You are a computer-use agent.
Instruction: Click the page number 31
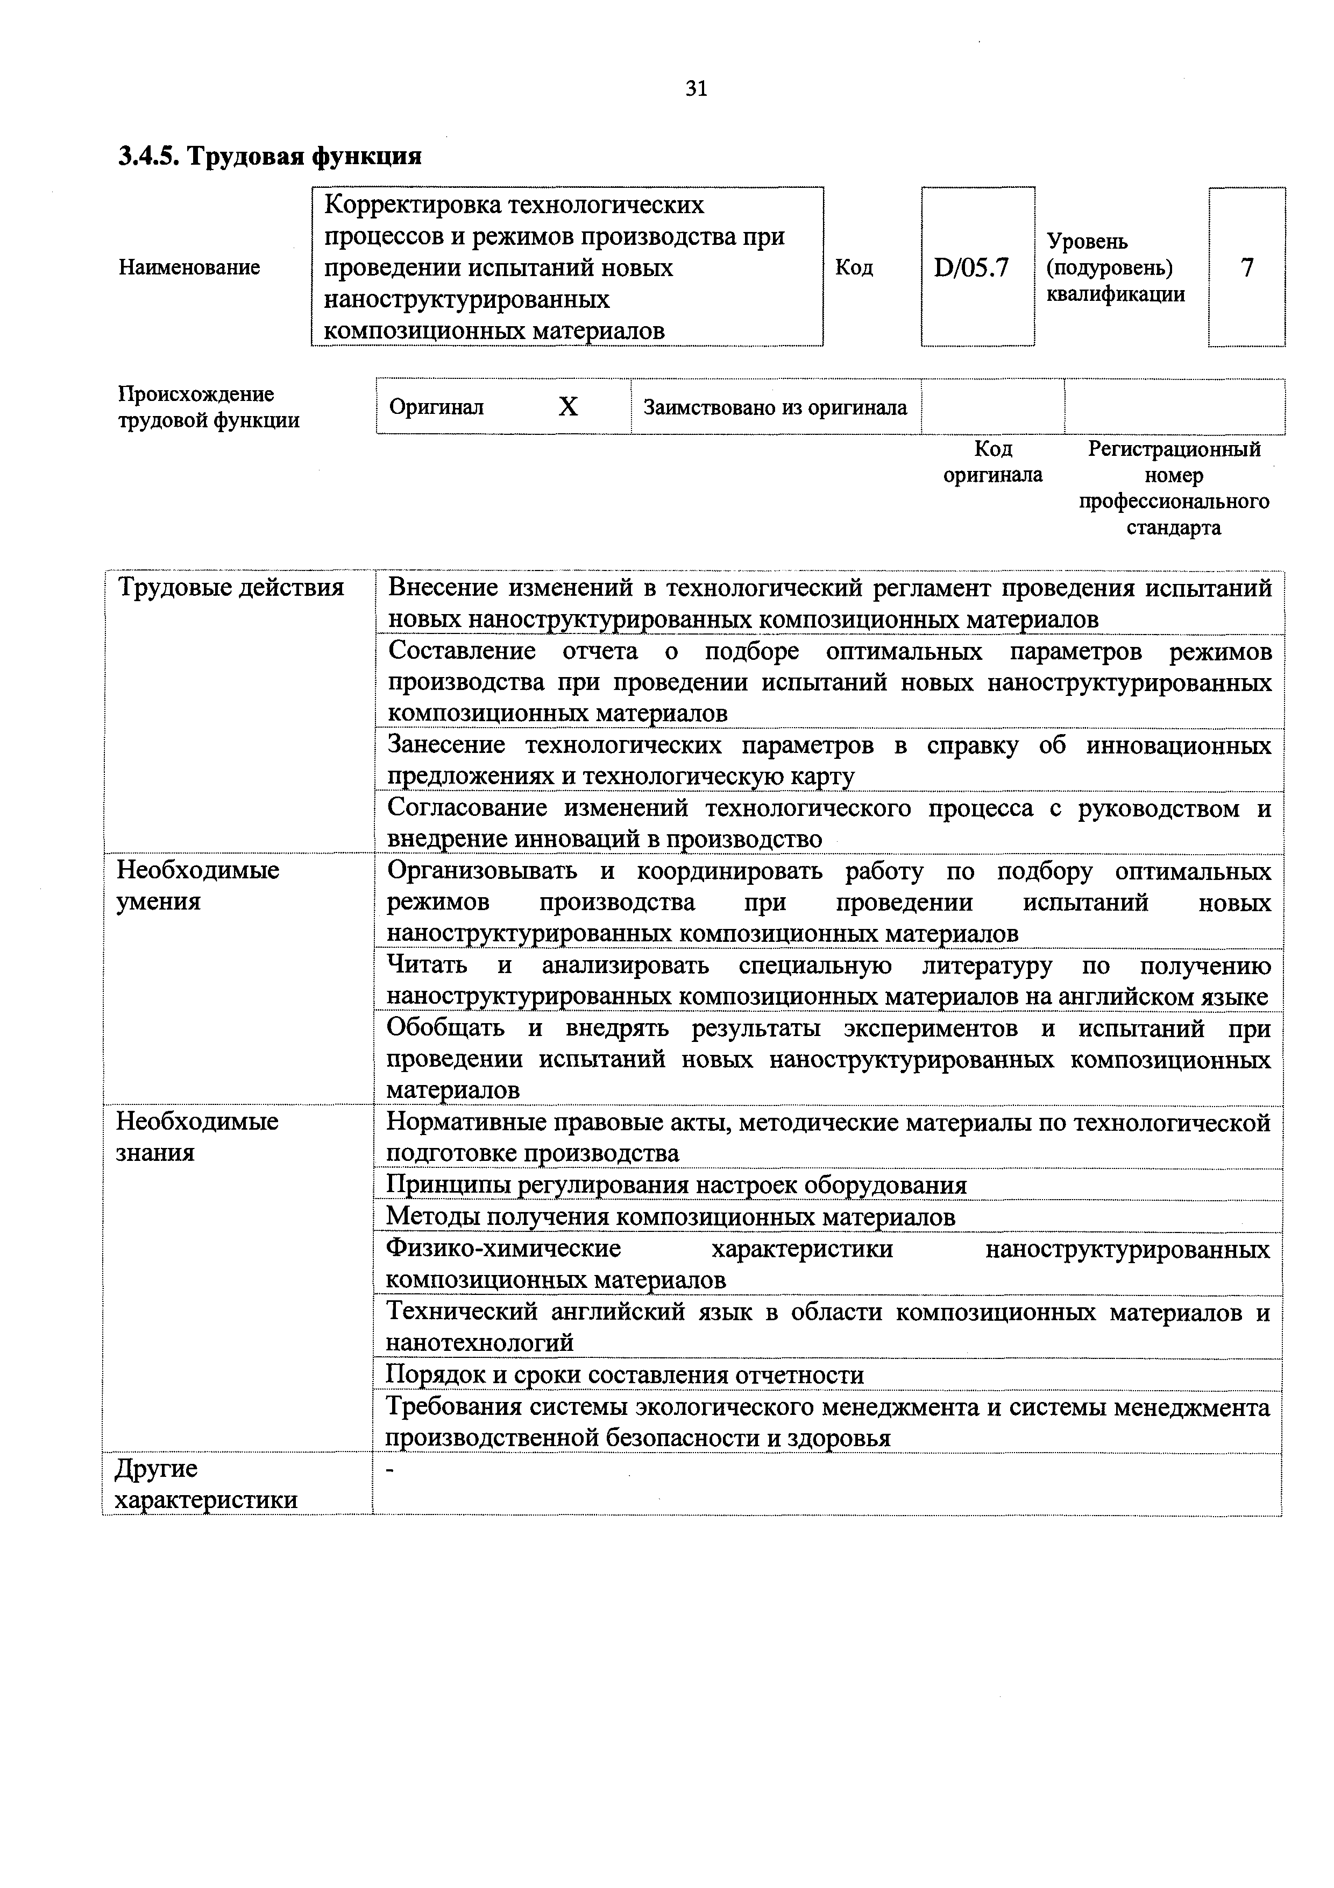pyautogui.click(x=696, y=89)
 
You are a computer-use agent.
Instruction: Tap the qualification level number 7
pyautogui.click(x=1247, y=267)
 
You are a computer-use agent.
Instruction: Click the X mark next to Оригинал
pyautogui.click(x=568, y=407)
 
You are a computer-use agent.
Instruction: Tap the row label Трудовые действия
pyautogui.click(x=231, y=588)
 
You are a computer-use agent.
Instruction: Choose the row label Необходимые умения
pyautogui.click(x=197, y=886)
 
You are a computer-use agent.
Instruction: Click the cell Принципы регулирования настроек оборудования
pyautogui.click(x=676, y=1185)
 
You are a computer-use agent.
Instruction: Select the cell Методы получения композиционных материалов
pyautogui.click(x=670, y=1216)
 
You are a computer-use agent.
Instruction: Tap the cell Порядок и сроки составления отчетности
pyautogui.click(x=625, y=1375)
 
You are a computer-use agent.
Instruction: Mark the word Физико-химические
pyautogui.click(x=503, y=1248)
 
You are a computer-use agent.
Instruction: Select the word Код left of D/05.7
pyautogui.click(x=854, y=268)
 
